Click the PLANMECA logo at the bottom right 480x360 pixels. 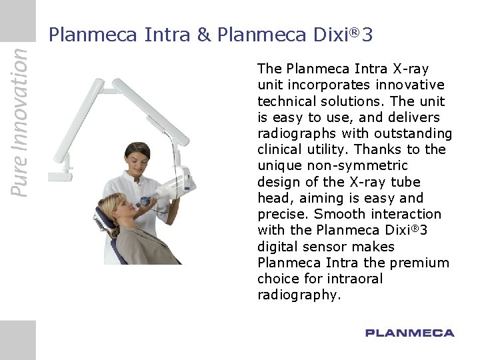click(409, 333)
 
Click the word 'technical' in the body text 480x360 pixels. click(285, 101)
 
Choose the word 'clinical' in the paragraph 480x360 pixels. click(280, 149)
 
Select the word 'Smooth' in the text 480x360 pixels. click(336, 214)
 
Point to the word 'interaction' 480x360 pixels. click(402, 214)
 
